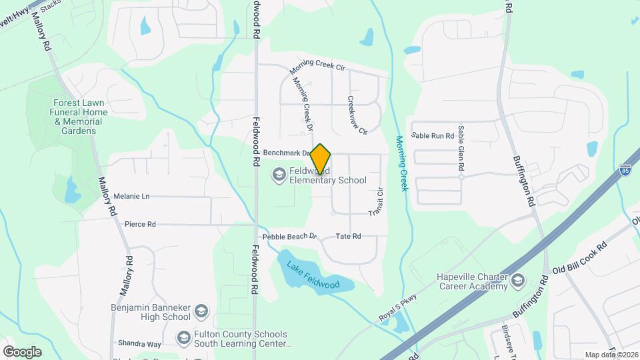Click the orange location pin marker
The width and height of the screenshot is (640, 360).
tap(321, 159)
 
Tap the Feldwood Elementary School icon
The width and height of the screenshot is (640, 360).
tap(278, 175)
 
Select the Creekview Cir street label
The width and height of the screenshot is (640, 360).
tap(357, 115)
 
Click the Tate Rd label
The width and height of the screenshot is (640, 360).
tap(348, 237)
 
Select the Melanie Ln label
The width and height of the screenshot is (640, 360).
tap(131, 196)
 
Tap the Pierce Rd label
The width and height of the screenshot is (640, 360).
tap(140, 225)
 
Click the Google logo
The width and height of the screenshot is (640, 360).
tap(22, 351)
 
